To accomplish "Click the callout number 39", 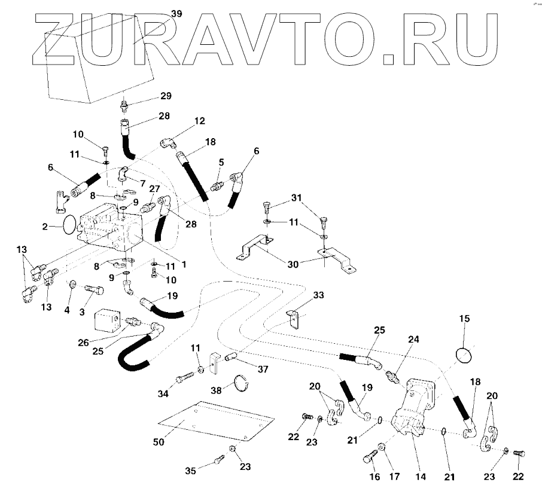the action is (x=176, y=14).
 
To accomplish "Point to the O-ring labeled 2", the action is (x=70, y=225).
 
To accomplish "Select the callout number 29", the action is (x=166, y=97).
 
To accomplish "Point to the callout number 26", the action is (x=84, y=342).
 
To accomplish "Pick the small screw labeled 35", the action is (x=218, y=459).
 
